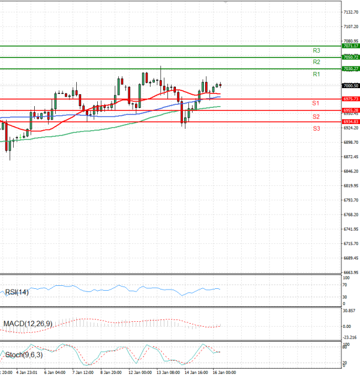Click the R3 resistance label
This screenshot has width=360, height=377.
(316, 51)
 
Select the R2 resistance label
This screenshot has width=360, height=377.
(316, 62)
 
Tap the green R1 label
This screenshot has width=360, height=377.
(316, 74)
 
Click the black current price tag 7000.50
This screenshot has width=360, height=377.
(351, 86)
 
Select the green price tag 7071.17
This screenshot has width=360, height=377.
(351, 46)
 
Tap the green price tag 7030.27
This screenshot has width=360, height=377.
(351, 69)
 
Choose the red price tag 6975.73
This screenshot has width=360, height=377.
(351, 99)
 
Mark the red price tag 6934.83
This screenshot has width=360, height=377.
(351, 122)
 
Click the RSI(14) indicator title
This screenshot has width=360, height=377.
(17, 292)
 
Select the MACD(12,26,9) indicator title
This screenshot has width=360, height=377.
(28, 324)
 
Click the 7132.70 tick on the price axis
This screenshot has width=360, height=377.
(351, 12)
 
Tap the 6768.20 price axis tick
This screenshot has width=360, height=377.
(351, 215)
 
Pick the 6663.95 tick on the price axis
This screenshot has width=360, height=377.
(351, 272)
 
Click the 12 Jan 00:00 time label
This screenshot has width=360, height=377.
(140, 372)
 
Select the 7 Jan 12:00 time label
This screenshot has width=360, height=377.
(82, 372)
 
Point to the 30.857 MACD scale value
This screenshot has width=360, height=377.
(350, 310)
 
